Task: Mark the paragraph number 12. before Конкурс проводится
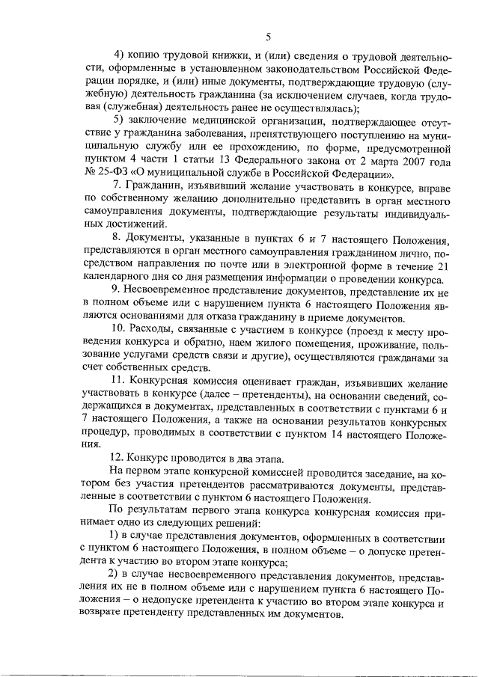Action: coord(116,458)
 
